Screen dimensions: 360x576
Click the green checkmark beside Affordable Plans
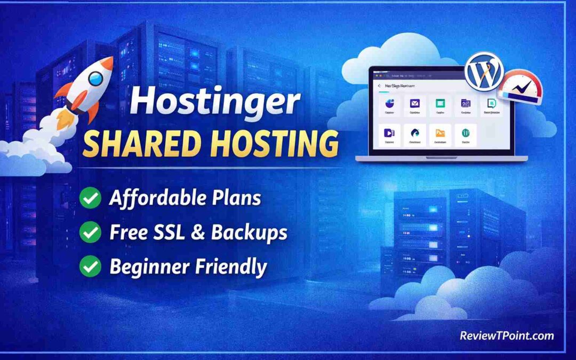pyautogui.click(x=90, y=198)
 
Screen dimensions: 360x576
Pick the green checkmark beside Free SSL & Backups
pyautogui.click(x=90, y=232)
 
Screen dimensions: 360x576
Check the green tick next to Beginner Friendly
pyautogui.click(x=90, y=266)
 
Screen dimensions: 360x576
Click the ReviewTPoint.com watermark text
pyautogui.click(x=507, y=335)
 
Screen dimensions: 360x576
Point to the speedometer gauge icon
pyautogui.click(x=519, y=86)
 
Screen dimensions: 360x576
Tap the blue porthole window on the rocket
pyautogui.click(x=96, y=79)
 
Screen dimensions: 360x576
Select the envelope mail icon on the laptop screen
pyautogui.click(x=414, y=103)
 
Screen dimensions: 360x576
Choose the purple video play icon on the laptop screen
pyautogui.click(x=389, y=133)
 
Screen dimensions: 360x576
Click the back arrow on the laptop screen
pyautogui.click(x=379, y=85)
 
